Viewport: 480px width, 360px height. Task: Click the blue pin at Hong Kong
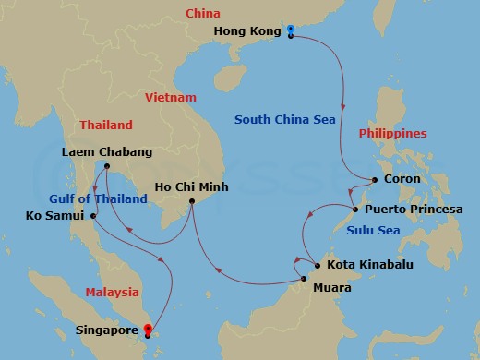pos(291,31)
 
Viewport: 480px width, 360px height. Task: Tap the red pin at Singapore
pos(149,327)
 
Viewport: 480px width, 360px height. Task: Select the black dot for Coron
pos(375,179)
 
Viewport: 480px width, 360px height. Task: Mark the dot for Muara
pos(304,278)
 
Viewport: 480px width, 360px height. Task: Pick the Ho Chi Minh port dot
pos(192,202)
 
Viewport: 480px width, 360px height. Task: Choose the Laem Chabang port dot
pos(108,167)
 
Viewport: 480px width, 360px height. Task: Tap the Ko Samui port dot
pos(94,216)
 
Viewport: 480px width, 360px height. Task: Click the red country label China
pos(202,14)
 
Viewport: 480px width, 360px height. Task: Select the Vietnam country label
pos(171,97)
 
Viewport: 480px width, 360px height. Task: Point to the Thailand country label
pos(106,125)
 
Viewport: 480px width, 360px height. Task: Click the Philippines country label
pos(393,133)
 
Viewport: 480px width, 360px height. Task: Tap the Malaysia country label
pos(112,292)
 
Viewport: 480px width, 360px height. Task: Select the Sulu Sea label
pos(374,230)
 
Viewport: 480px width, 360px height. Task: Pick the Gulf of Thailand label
pos(98,198)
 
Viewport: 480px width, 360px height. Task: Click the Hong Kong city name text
pos(246,31)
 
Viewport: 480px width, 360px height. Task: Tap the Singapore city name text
pos(108,328)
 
